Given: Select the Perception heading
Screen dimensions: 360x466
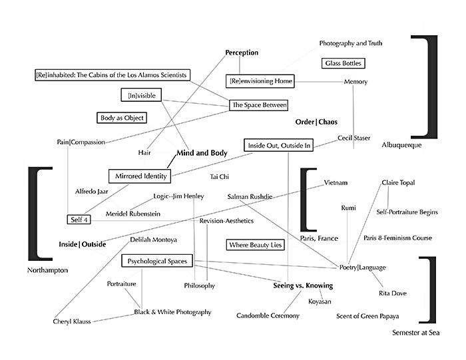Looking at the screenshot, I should coord(242,53).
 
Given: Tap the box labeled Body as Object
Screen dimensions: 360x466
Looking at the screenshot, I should coord(122,118).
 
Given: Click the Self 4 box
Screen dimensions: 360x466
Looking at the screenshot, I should coord(78,220).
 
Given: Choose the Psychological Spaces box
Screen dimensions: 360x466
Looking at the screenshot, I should coord(158,261).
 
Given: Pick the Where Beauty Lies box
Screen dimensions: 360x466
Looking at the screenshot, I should coord(256,245).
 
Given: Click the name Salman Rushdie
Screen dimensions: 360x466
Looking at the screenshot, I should coord(248,197).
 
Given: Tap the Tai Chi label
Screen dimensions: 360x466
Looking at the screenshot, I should coord(220,178).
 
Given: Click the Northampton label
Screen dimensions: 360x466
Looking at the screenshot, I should coord(48,271).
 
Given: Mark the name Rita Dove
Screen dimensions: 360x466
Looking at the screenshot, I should coord(392,293).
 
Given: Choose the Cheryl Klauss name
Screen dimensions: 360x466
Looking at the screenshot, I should coord(72,322).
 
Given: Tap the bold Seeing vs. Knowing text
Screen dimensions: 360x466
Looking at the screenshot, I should coord(303,285).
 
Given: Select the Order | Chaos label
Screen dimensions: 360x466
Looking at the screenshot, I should coord(316,122).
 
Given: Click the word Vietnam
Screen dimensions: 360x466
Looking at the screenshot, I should coord(336,183).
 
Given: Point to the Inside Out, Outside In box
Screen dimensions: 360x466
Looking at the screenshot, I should coord(279,145).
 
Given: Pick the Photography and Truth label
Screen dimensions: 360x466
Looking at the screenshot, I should coord(351,43).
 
